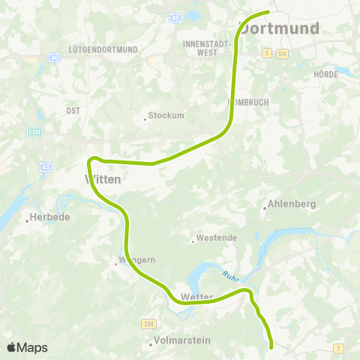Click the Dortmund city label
coord(279,28)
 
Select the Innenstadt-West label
coord(205,48)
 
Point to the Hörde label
coord(326,74)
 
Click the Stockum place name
coord(166,116)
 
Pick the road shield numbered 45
coord(176,16)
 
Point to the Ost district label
coord(73,110)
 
